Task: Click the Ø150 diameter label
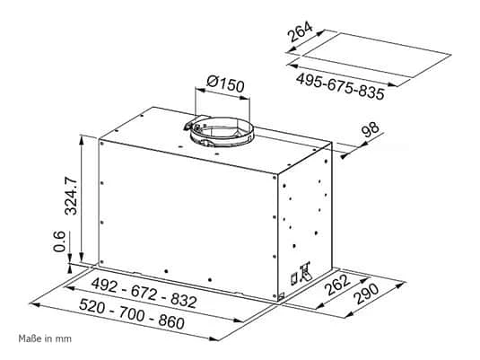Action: [x=225, y=83]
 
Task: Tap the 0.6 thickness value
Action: [x=59, y=241]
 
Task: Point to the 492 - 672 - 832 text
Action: [x=144, y=293]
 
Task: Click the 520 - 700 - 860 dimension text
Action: [x=132, y=313]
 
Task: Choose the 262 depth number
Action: [x=338, y=285]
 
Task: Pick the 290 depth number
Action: [x=367, y=294]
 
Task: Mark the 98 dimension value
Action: [x=371, y=130]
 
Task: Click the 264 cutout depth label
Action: [x=301, y=31]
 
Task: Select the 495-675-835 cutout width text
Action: [x=340, y=86]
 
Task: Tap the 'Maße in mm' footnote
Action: [x=45, y=338]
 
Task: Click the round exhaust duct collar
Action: [x=222, y=131]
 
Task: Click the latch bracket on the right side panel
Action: [x=301, y=273]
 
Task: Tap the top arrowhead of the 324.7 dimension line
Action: [x=82, y=140]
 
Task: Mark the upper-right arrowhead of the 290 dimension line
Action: [x=399, y=285]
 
